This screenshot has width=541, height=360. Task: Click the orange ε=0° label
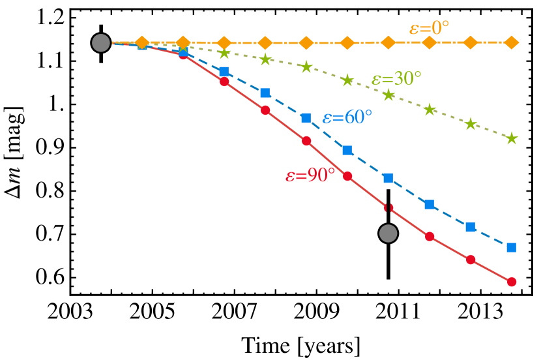tap(429, 28)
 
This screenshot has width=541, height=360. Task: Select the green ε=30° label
tap(396, 79)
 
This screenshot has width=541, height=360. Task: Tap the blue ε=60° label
tap(347, 117)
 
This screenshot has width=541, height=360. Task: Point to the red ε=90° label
tap(310, 175)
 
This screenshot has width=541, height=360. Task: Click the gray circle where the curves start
tap(101, 43)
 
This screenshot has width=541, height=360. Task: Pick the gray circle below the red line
tap(388, 233)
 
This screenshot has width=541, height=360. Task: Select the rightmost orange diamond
tap(512, 43)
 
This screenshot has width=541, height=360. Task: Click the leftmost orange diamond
tap(142, 43)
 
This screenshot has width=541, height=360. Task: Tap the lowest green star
tap(512, 138)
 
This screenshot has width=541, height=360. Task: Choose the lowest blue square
tap(512, 247)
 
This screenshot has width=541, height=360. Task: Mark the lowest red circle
tap(512, 282)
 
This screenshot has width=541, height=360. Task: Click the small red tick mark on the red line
tap(388, 207)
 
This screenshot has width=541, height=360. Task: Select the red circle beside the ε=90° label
tap(347, 176)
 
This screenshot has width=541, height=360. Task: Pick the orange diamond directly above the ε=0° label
tap(430, 43)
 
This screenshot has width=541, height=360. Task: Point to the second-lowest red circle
tap(471, 260)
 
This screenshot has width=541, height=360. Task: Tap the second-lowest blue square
tap(471, 227)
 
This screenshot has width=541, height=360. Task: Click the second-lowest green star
tap(471, 124)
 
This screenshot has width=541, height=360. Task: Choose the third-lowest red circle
tap(430, 236)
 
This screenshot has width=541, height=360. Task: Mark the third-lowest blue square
tap(430, 204)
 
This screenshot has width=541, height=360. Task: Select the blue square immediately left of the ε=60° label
tap(306, 118)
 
